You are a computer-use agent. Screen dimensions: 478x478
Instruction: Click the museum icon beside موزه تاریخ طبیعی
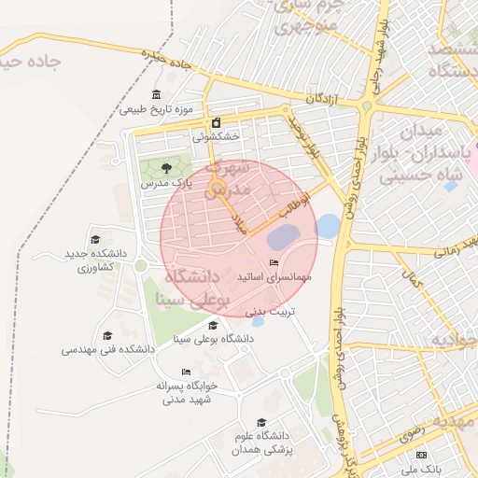[156, 95]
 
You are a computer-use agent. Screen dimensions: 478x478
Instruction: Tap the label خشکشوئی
[217, 136]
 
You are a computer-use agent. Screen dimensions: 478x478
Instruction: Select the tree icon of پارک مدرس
[166, 168]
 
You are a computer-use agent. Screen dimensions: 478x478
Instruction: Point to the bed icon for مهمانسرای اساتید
[273, 262]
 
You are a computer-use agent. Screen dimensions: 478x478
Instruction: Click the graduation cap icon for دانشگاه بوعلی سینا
[214, 325]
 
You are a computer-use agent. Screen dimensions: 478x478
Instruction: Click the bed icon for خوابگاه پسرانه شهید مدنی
[186, 372]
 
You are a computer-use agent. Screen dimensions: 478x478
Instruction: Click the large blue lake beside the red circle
[328, 225]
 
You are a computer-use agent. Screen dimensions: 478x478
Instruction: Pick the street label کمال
[412, 278]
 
